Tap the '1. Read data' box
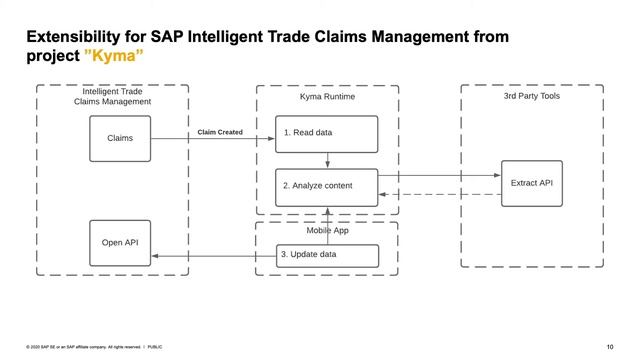tap(327, 133)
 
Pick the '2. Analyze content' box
tap(327, 186)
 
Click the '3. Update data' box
tap(327, 255)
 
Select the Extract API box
tap(531, 183)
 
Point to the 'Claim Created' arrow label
tap(220, 132)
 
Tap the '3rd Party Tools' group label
tap(531, 96)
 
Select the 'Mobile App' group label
tap(327, 229)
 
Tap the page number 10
tap(610, 347)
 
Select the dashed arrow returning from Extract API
tap(440, 194)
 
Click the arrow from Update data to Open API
tap(215, 257)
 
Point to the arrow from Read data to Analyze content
tap(327, 160)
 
